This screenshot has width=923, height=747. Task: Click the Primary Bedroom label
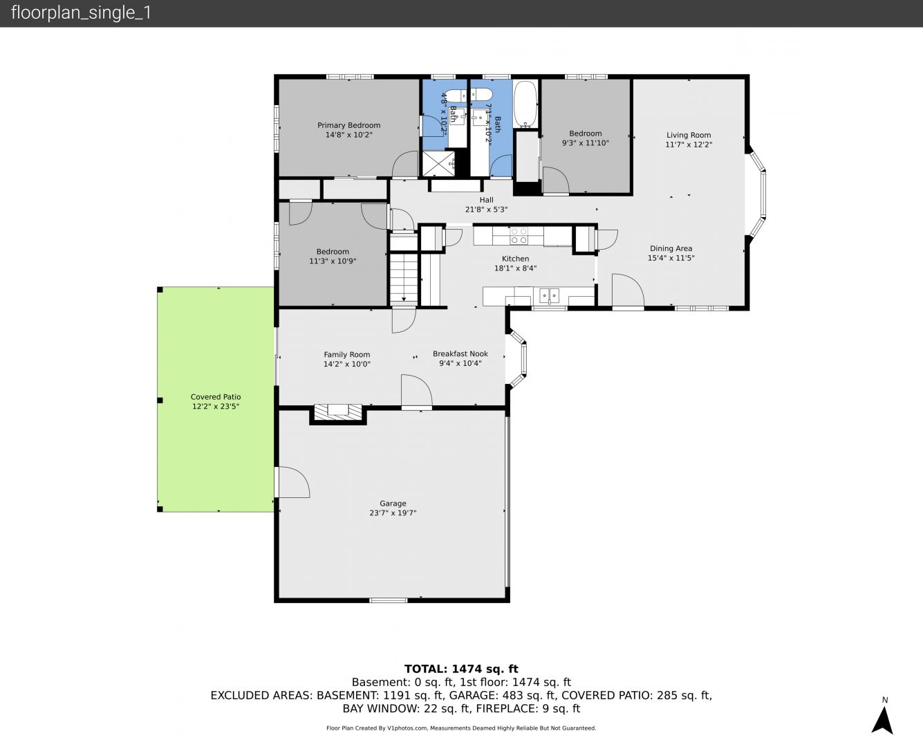(x=349, y=125)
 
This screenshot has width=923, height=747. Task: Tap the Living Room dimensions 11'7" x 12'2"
(x=689, y=145)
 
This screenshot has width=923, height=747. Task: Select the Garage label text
(x=393, y=504)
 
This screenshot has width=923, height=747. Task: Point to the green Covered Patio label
(x=216, y=397)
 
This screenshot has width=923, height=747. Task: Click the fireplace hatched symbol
(x=337, y=412)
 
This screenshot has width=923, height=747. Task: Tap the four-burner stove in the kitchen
(x=519, y=235)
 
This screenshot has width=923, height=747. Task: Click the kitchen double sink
(x=549, y=296)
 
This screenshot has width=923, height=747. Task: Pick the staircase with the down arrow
(x=404, y=278)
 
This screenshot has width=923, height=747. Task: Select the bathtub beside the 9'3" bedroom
(x=525, y=104)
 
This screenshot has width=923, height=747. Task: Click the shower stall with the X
(x=438, y=163)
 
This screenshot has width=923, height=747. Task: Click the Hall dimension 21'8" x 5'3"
(x=486, y=210)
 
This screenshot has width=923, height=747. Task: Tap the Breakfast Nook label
(x=460, y=353)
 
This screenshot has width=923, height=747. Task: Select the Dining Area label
(x=671, y=248)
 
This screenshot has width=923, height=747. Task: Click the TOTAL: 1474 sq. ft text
(x=461, y=669)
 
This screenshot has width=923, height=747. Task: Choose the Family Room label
(x=346, y=355)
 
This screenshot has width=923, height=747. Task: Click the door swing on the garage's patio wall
(x=292, y=481)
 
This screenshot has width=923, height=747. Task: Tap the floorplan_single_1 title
(x=81, y=13)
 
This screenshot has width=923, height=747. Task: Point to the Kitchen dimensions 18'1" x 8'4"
(x=515, y=268)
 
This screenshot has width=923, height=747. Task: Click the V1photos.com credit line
(x=461, y=728)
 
